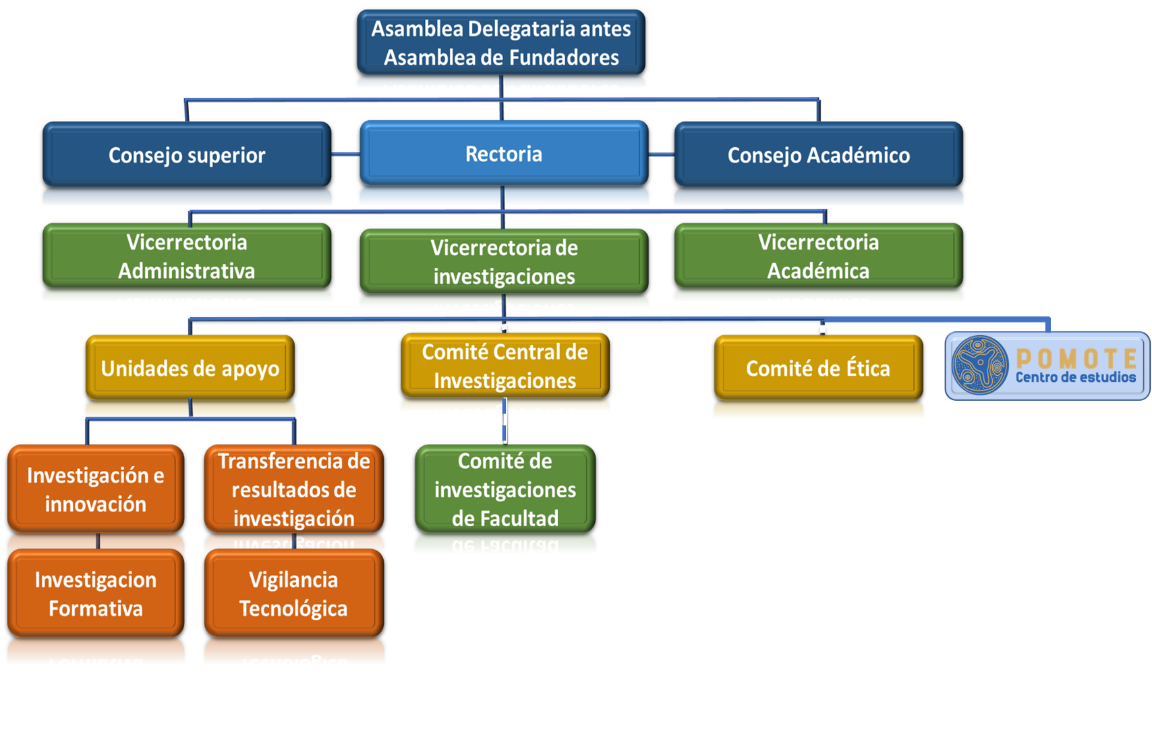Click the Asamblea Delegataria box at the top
click(500, 42)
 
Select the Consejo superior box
click(187, 154)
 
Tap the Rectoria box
click(503, 153)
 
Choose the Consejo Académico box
click(818, 154)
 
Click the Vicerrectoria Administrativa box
click(187, 256)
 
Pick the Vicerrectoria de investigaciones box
click(504, 262)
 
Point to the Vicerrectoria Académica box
click(818, 256)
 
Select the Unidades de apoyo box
click(190, 368)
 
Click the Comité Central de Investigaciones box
click(505, 366)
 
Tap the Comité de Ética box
click(818, 368)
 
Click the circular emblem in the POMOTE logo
click(980, 365)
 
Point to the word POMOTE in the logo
click(1076, 358)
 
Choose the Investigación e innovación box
click(95, 489)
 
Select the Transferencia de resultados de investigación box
click(293, 489)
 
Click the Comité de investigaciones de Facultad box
click(505, 489)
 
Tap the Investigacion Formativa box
click(95, 594)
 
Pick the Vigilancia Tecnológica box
click(293, 594)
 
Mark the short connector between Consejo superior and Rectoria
click(345, 154)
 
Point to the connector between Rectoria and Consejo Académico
click(661, 154)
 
